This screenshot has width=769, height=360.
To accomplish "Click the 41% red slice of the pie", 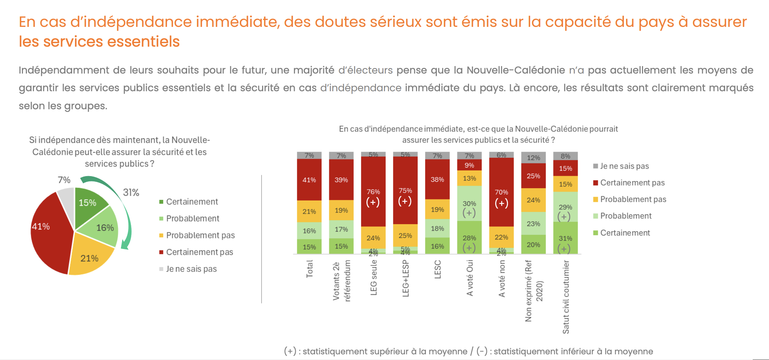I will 48,233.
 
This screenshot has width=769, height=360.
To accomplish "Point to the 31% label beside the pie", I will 131,193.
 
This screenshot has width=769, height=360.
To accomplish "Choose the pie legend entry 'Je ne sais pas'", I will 191,269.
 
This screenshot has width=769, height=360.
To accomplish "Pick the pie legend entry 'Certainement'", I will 192,202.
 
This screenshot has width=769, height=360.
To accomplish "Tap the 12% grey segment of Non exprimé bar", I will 533,158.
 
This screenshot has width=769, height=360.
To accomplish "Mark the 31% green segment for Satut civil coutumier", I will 565,238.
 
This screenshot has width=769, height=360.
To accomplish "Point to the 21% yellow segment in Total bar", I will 309,211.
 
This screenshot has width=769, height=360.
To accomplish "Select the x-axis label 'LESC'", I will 438,269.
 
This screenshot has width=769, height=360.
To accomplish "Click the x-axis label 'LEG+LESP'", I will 406,278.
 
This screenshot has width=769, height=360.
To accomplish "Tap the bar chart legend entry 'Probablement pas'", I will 633,199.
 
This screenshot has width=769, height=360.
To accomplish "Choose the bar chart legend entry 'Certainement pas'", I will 632,183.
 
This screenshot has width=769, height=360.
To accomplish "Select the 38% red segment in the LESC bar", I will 437,180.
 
